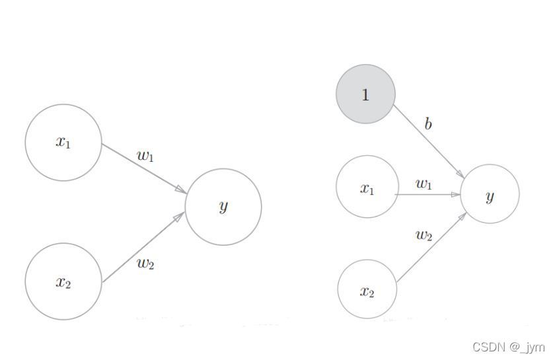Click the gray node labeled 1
point(365,94)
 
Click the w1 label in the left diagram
point(145,156)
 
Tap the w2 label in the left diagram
point(145,264)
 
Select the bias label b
point(428,124)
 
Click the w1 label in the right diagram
point(424,184)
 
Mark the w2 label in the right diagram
point(424,235)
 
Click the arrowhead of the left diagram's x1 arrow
point(181,190)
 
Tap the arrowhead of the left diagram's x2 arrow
point(179,217)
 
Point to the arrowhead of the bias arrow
point(460,174)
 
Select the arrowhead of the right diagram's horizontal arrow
point(456,194)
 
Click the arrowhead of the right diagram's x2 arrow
point(462,217)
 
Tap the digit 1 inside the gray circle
point(365,94)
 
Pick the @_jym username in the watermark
point(527,347)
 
